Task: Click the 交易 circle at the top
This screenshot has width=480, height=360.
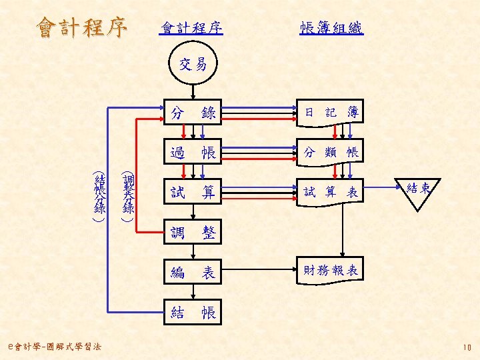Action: click(193, 65)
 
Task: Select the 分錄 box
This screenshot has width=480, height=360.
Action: click(193, 113)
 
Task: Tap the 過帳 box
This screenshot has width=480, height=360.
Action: click(193, 153)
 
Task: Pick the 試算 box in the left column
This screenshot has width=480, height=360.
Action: click(193, 193)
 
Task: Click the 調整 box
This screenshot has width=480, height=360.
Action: click(193, 233)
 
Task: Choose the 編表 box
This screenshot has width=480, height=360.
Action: click(193, 272)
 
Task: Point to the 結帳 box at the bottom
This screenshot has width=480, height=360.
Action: click(193, 312)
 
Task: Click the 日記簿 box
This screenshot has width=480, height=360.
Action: click(331, 113)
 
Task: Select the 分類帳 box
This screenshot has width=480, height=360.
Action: click(331, 153)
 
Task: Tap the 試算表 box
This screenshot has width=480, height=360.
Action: click(331, 193)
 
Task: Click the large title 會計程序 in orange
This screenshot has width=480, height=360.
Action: click(82, 27)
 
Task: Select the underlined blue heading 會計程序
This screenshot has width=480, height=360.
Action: click(191, 28)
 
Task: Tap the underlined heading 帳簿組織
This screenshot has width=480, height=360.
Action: click(331, 28)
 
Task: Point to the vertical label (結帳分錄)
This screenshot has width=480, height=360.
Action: click(100, 197)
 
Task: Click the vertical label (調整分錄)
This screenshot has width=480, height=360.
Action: click(127, 196)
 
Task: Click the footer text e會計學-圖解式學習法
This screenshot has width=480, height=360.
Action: click(51, 347)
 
